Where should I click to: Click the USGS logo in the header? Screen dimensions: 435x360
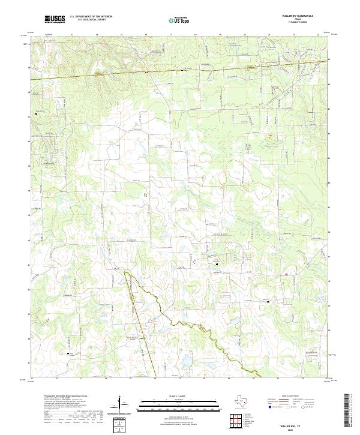pos(55,19)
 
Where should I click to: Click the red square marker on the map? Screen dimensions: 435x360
pos(287,275)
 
